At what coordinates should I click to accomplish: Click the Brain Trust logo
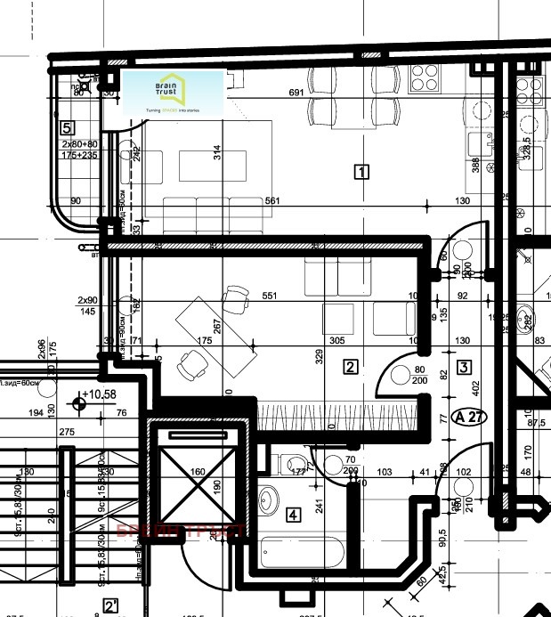click(172, 92)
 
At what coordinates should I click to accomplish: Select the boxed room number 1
click(361, 171)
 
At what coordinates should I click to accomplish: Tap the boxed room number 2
click(351, 366)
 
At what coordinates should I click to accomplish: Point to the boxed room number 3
click(463, 366)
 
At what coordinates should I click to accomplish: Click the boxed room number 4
click(293, 514)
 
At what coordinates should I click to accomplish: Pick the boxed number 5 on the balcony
click(67, 127)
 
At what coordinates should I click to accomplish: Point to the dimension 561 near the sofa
click(272, 201)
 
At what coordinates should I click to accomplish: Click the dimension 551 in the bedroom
click(270, 296)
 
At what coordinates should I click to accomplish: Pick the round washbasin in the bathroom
click(269, 501)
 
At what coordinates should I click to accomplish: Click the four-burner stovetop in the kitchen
click(425, 79)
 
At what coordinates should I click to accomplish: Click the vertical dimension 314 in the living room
click(217, 151)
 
